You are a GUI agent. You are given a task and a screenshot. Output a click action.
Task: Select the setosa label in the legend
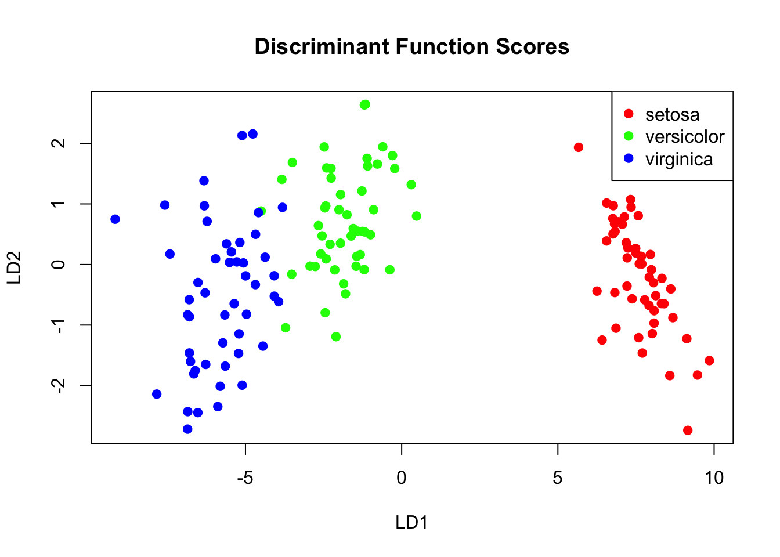pos(672,114)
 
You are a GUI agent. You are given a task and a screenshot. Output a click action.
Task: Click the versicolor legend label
pos(685,136)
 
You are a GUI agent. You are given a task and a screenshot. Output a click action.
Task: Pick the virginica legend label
pos(679,159)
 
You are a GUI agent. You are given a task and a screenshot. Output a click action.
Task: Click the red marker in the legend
pos(629,114)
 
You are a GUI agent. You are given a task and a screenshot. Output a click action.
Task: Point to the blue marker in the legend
pos(629,158)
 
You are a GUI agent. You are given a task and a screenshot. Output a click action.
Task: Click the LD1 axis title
pos(411,522)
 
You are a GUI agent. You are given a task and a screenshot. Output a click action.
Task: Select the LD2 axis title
pos(15,267)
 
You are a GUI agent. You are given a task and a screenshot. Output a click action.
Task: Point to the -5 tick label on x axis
pos(245,478)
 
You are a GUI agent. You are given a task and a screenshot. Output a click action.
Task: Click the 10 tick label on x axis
pos(714,478)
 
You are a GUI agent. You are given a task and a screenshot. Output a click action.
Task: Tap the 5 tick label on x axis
pos(558,478)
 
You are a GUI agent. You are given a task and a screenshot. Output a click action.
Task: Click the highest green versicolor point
pos(365,104)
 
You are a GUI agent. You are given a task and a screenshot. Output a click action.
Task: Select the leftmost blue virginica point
pos(115,219)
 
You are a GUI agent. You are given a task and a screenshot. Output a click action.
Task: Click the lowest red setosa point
pos(688,430)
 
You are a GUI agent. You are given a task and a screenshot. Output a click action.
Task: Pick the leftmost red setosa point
pos(579,147)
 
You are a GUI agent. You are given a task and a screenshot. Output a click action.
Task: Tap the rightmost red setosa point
pos(709,361)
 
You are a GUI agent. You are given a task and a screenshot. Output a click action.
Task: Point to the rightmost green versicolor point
pos(416,216)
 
